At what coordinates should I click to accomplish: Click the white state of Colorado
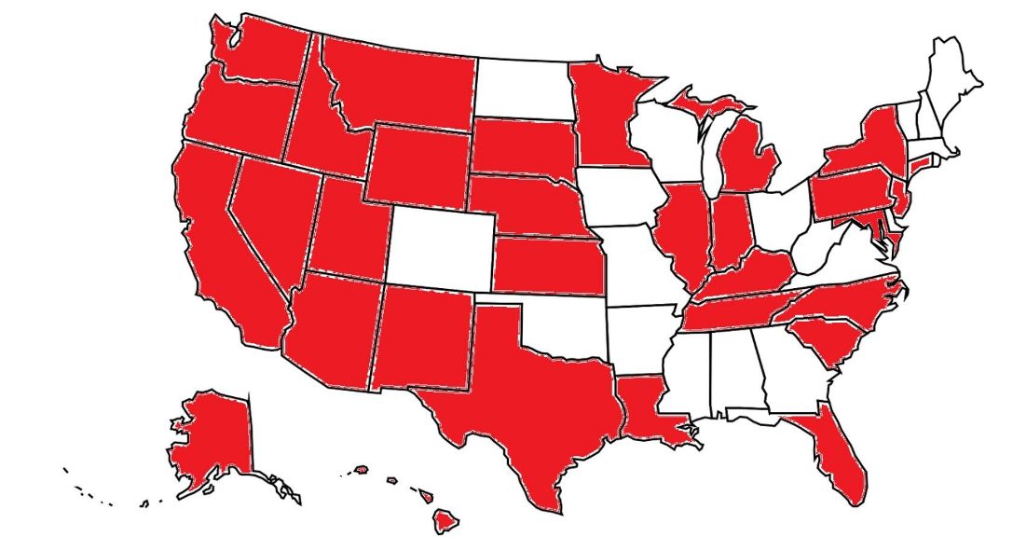tap(439, 247)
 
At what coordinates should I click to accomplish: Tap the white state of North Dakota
tap(521, 90)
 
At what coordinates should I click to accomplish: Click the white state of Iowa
tap(620, 196)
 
